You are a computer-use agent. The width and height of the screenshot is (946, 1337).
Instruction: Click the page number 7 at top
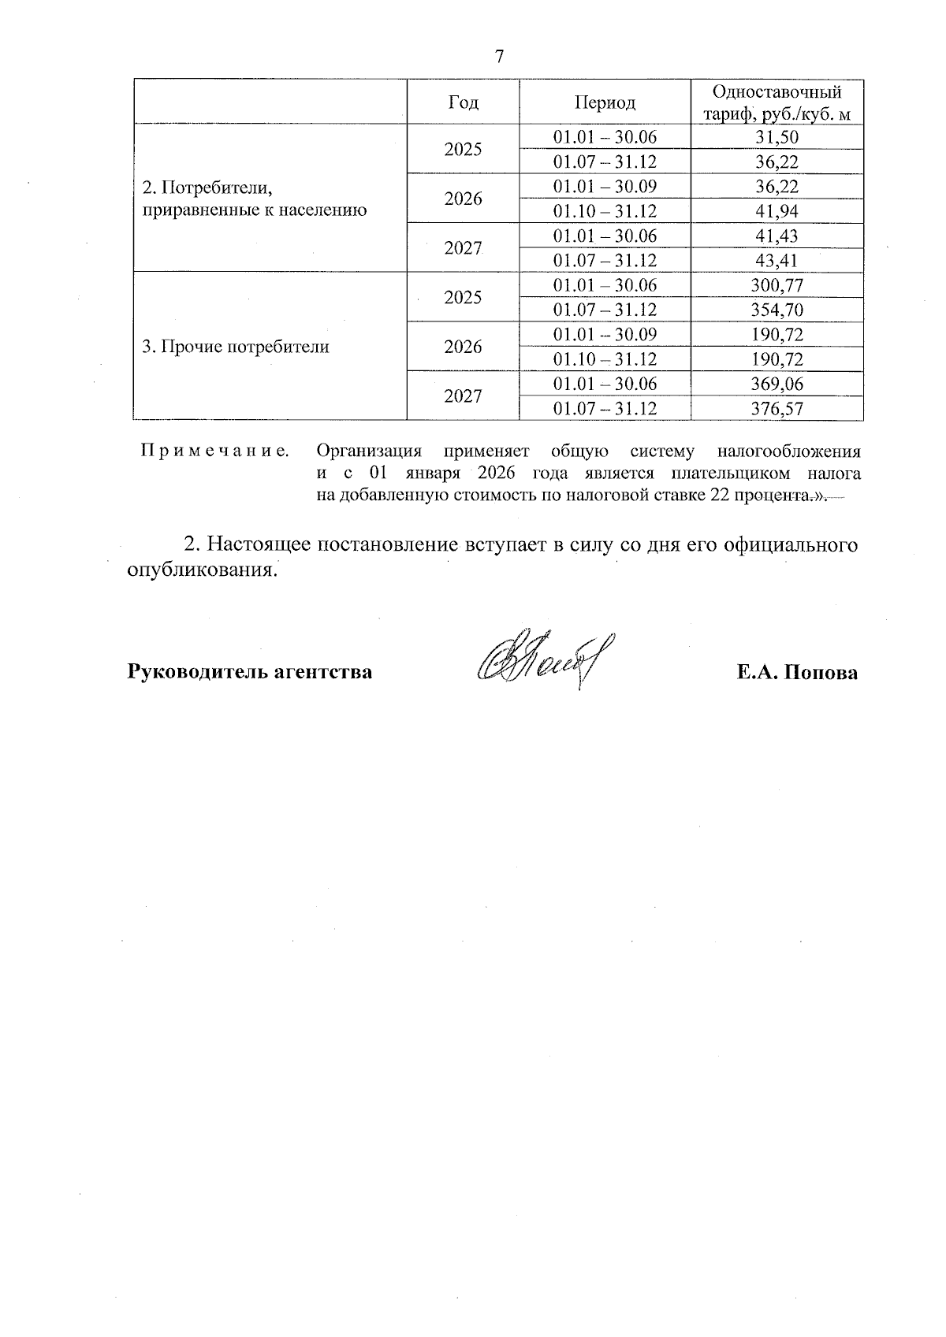499,57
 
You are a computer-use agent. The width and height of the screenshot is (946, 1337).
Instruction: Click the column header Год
463,102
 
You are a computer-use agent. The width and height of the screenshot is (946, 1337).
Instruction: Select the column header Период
604,102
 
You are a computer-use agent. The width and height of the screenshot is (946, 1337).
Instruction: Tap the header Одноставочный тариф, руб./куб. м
777,102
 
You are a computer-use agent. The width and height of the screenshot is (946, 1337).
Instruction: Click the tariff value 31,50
777,137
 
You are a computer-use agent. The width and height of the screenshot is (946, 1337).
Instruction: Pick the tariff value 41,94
777,211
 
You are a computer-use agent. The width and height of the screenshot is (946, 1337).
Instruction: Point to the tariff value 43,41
777,261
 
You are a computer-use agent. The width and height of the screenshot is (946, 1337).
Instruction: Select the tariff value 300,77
777,285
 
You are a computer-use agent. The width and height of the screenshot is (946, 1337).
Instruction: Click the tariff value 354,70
777,310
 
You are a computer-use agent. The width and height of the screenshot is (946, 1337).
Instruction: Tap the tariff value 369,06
777,384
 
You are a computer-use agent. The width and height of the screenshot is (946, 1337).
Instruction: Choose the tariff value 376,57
777,408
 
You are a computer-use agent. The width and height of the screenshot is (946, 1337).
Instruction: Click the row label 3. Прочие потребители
235,347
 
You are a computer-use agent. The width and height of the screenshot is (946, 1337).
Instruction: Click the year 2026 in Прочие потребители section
463,347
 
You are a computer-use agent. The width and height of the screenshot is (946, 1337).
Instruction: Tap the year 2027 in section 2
463,248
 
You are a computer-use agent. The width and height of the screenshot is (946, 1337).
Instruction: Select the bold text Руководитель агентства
250,673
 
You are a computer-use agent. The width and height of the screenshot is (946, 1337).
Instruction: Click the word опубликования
203,570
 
